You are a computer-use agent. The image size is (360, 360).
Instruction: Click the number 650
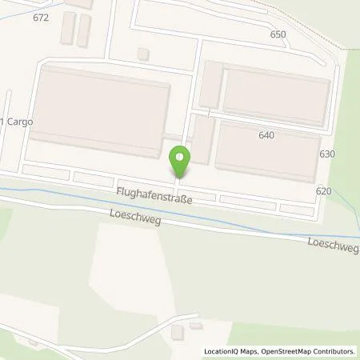click(278, 34)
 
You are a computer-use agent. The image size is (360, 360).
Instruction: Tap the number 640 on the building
click(266, 135)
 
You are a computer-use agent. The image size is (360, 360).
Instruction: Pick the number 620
click(323, 191)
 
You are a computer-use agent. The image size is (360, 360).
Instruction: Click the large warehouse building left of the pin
click(100, 112)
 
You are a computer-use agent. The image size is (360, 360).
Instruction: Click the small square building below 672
click(143, 54)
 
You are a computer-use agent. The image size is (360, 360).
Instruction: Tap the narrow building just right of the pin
click(203, 140)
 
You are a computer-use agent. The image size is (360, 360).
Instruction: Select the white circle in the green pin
click(182, 156)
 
